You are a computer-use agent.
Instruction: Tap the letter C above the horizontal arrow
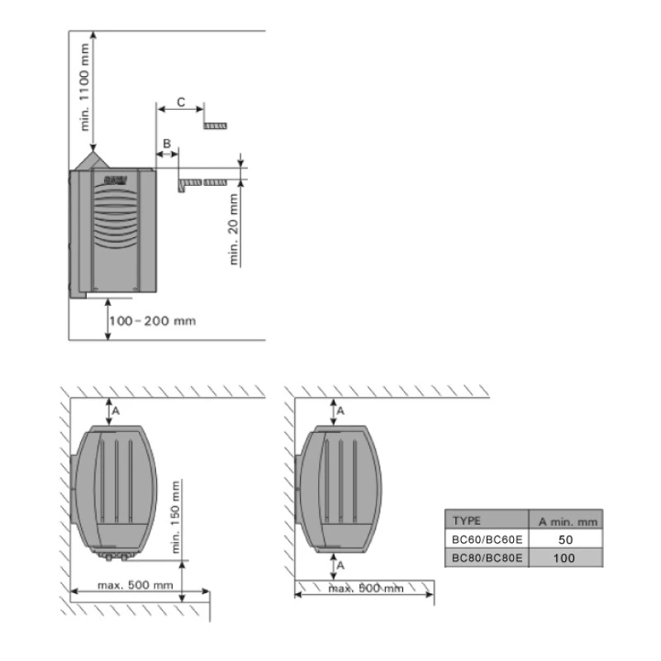tap(181, 103)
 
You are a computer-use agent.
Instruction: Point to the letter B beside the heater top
tap(167, 143)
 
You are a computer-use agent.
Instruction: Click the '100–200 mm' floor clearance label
tap(152, 320)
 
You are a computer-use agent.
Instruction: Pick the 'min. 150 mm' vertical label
tap(176, 516)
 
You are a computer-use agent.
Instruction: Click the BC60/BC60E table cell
tap(487, 539)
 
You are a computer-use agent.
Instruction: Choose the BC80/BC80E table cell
tap(487, 558)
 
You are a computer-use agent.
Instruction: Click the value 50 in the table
tap(565, 539)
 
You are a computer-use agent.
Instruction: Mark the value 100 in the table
tap(565, 558)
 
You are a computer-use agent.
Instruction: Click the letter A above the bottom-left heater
tap(117, 410)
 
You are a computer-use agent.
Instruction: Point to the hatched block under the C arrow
tap(216, 126)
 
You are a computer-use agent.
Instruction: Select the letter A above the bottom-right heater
tap(340, 410)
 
